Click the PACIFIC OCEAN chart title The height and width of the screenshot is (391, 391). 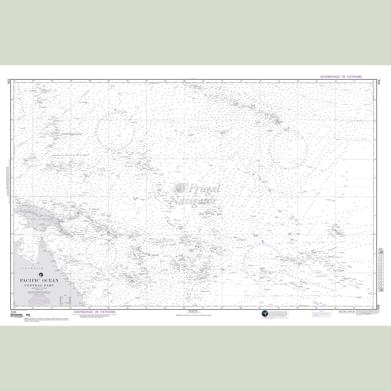39,281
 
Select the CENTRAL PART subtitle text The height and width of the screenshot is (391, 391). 39,285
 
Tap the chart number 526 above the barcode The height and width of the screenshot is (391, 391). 13,312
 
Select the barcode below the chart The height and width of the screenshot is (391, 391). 17,315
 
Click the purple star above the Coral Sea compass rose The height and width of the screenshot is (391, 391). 101,236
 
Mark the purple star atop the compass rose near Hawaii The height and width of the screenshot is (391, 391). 289,128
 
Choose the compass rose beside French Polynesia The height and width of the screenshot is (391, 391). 263,262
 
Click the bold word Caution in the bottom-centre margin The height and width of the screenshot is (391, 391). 178,315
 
